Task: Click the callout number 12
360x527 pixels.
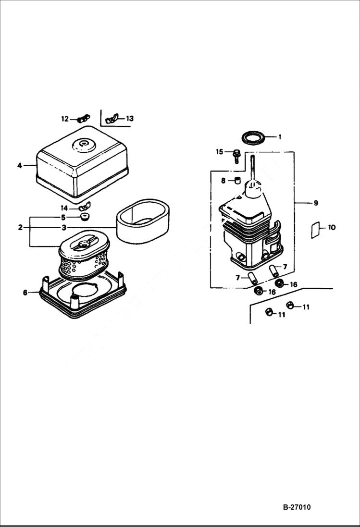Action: [x=64, y=119]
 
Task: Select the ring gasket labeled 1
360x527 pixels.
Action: [x=253, y=137]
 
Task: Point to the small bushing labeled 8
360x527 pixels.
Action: [x=236, y=181]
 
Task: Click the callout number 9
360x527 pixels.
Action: [x=316, y=203]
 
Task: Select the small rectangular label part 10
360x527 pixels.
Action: [x=315, y=231]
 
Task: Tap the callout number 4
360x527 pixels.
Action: [x=20, y=166]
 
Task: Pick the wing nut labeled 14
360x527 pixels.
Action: [x=86, y=207]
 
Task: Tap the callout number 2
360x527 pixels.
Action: [x=20, y=227]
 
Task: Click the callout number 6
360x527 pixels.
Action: [x=25, y=293]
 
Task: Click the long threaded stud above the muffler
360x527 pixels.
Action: [x=252, y=168]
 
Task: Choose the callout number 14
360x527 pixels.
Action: [x=64, y=208]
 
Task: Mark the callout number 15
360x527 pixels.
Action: [x=219, y=152]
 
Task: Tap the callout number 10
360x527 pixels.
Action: [x=332, y=228]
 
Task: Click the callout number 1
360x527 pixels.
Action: [x=280, y=137]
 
